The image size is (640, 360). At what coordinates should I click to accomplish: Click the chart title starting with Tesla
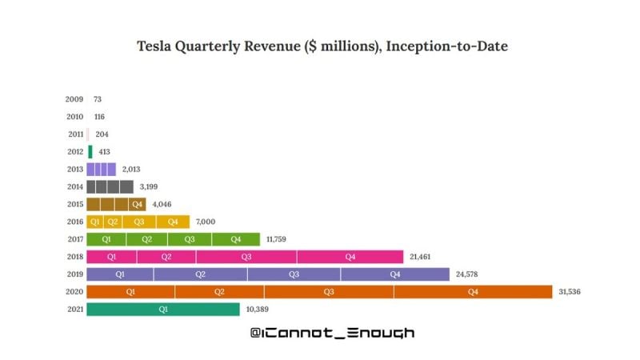pyautogui.click(x=322, y=46)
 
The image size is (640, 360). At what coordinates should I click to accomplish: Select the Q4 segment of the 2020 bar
pyautogui.click(x=472, y=292)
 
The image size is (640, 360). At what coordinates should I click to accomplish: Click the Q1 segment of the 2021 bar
pyautogui.click(x=162, y=309)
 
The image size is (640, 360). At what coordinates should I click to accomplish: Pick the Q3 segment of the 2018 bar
pyautogui.click(x=246, y=257)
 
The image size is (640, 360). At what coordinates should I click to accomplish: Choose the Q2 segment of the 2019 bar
pyautogui.click(x=200, y=274)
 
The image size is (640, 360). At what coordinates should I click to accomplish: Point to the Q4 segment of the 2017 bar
pyautogui.click(x=236, y=239)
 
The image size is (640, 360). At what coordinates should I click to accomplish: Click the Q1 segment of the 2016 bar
pyautogui.click(x=94, y=222)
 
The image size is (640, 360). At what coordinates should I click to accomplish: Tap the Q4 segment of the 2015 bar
pyautogui.click(x=138, y=204)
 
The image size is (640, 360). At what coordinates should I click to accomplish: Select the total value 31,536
pyautogui.click(x=568, y=292)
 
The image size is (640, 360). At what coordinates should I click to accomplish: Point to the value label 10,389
pyautogui.click(x=258, y=309)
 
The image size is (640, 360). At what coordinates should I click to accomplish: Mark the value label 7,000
pyautogui.click(x=206, y=222)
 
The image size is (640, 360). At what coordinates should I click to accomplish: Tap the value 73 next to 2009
pyautogui.click(x=98, y=100)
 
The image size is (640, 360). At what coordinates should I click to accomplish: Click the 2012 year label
pyautogui.click(x=74, y=152)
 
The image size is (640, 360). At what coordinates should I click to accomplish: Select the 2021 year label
pyautogui.click(x=74, y=309)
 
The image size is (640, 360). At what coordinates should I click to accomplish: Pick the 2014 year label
pyautogui.click(x=74, y=186)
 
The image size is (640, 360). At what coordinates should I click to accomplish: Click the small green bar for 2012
pyautogui.click(x=90, y=152)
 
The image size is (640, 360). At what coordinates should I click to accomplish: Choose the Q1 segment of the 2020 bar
pyautogui.click(x=130, y=292)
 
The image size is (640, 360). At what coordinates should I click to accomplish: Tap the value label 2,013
pyautogui.click(x=132, y=170)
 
